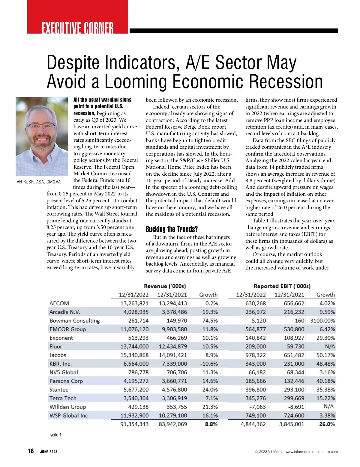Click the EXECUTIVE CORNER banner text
78,28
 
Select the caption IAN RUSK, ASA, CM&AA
38,182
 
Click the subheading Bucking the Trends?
172,229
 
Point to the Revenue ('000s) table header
165,286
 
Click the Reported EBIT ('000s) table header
282,286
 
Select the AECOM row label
59,303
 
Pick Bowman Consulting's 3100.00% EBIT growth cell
322,321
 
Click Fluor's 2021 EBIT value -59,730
294,347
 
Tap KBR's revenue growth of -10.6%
209,364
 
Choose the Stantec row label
59,390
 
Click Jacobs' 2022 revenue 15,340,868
134,355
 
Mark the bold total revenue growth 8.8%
211,424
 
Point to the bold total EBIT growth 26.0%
327,424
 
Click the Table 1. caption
56,435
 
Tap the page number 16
31,451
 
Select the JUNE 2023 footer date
49,452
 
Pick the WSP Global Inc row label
69,415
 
